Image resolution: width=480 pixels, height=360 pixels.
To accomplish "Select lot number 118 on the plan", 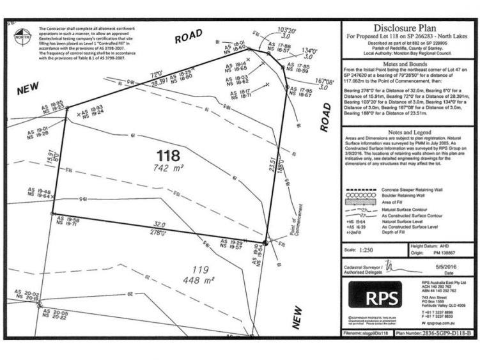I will (x=168, y=155).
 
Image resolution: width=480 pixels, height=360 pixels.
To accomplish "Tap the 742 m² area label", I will (x=169, y=168).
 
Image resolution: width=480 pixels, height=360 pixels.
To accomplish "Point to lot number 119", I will (x=201, y=269).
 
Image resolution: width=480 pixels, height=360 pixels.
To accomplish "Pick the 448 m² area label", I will (x=202, y=280).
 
